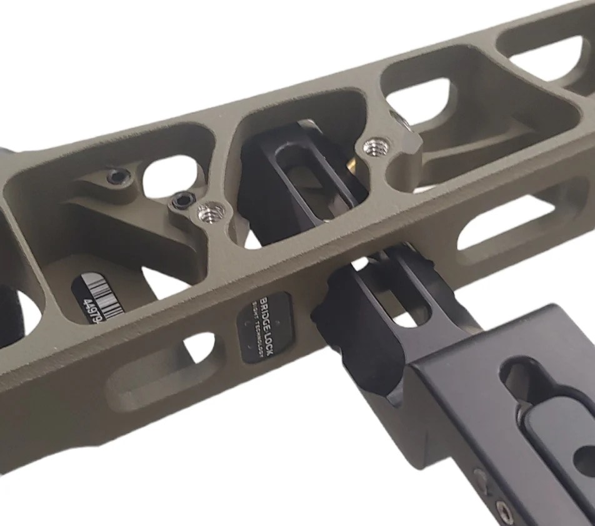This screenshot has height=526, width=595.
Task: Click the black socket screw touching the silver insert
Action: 181,201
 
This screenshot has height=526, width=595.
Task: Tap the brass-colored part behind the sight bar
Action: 355,164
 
